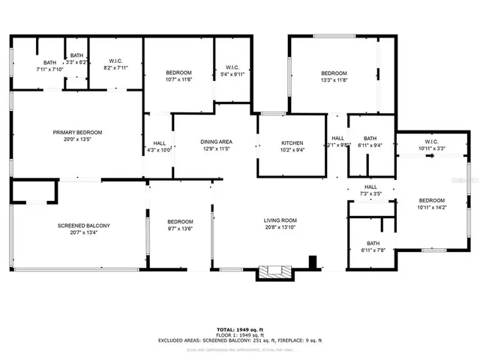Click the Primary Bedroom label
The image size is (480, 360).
[77, 132]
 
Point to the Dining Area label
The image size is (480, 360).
[215, 141]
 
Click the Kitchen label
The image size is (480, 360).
[292, 142]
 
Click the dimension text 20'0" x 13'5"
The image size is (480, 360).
[77, 139]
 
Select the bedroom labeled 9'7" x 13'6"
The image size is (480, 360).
[180, 225]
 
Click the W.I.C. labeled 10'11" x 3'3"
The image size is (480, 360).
[431, 145]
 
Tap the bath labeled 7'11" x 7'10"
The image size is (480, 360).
[49, 66]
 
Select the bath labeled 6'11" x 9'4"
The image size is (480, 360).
[370, 142]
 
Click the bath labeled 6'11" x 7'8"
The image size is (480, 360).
[373, 247]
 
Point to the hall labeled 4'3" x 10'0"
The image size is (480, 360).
[159, 146]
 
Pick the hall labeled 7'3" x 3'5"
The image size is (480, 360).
[370, 190]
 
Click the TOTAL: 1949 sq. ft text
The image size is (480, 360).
[240, 328]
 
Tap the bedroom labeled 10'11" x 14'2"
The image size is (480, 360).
[431, 204]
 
